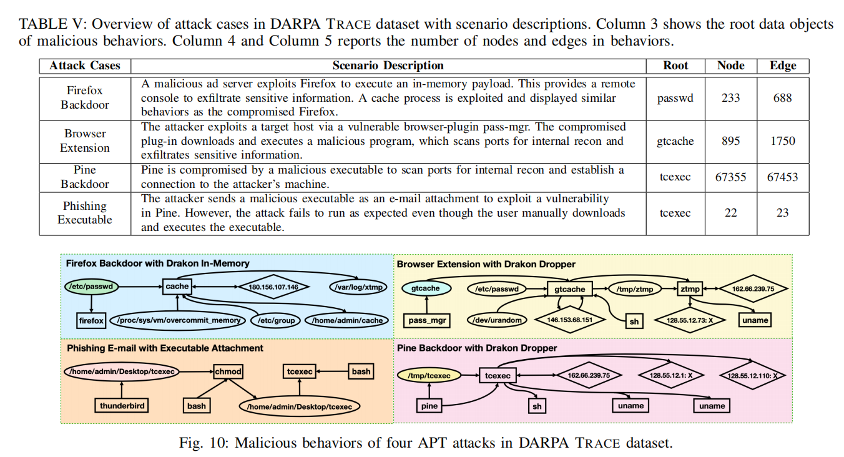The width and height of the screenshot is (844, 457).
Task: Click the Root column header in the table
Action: pyautogui.click(x=675, y=66)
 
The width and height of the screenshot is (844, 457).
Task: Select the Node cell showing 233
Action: pyautogui.click(x=730, y=97)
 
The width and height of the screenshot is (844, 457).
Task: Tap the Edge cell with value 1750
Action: pyautogui.click(x=782, y=140)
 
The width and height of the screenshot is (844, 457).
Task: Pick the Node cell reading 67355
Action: pyautogui.click(x=730, y=177)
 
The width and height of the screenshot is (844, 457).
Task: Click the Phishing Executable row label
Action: pyautogui.click(x=85, y=213)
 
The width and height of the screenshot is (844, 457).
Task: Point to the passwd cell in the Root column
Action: pyautogui.click(x=675, y=97)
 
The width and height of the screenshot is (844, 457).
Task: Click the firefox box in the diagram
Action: pyautogui.click(x=91, y=320)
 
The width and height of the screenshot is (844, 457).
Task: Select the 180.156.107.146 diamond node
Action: pyautogui.click(x=273, y=287)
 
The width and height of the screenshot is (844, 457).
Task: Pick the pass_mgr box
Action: pyautogui.click(x=428, y=320)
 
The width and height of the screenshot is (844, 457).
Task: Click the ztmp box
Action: pyautogui.click(x=690, y=288)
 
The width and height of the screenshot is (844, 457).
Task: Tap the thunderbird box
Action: pyautogui.click(x=122, y=406)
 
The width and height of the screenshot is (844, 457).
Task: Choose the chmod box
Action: pyautogui.click(x=228, y=371)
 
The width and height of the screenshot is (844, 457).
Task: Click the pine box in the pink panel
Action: pyautogui.click(x=430, y=406)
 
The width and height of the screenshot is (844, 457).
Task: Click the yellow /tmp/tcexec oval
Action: pyautogui.click(x=429, y=375)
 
